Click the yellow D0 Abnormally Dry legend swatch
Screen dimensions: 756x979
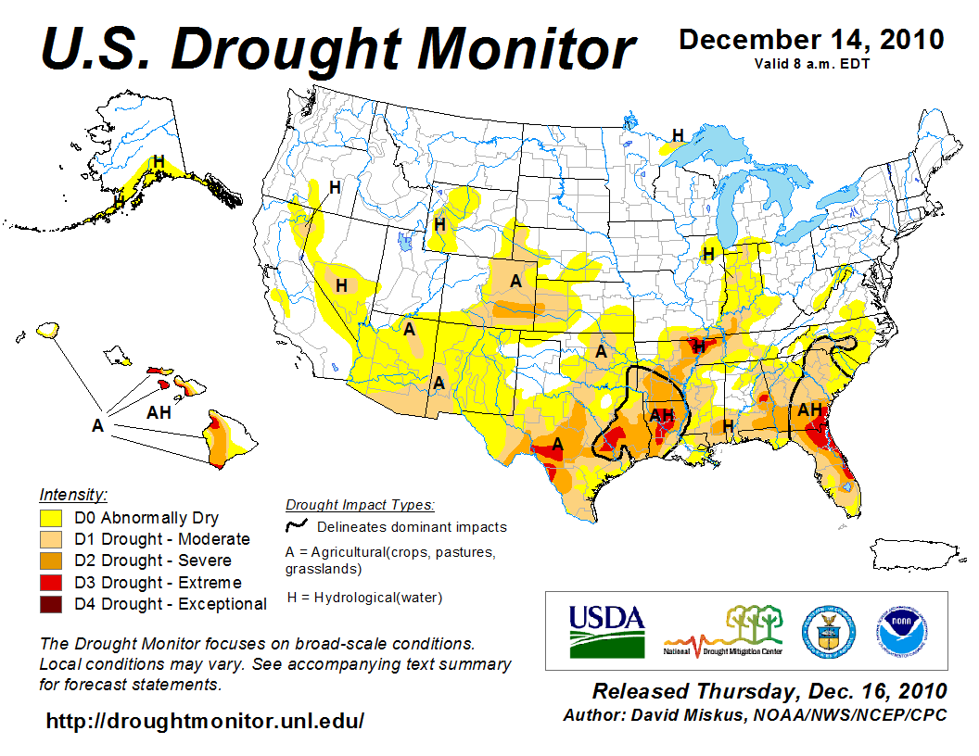point(51,518)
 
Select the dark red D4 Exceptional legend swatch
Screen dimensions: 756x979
point(51,604)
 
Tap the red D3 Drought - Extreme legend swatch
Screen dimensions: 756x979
point(51,583)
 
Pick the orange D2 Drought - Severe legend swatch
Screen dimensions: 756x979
point(51,561)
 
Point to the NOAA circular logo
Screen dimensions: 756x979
point(897,630)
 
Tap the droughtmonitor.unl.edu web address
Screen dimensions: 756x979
point(205,721)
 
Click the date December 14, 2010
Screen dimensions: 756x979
point(812,40)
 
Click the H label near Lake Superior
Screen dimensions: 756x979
point(678,135)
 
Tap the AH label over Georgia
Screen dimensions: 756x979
point(809,409)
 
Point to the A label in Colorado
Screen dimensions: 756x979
point(515,281)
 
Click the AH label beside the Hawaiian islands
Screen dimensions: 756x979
point(159,412)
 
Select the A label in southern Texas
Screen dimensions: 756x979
point(558,444)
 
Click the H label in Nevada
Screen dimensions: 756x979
point(341,285)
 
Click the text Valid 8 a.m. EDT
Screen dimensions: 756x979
point(811,64)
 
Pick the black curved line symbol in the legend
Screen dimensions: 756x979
point(297,526)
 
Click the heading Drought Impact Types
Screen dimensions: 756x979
point(359,505)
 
